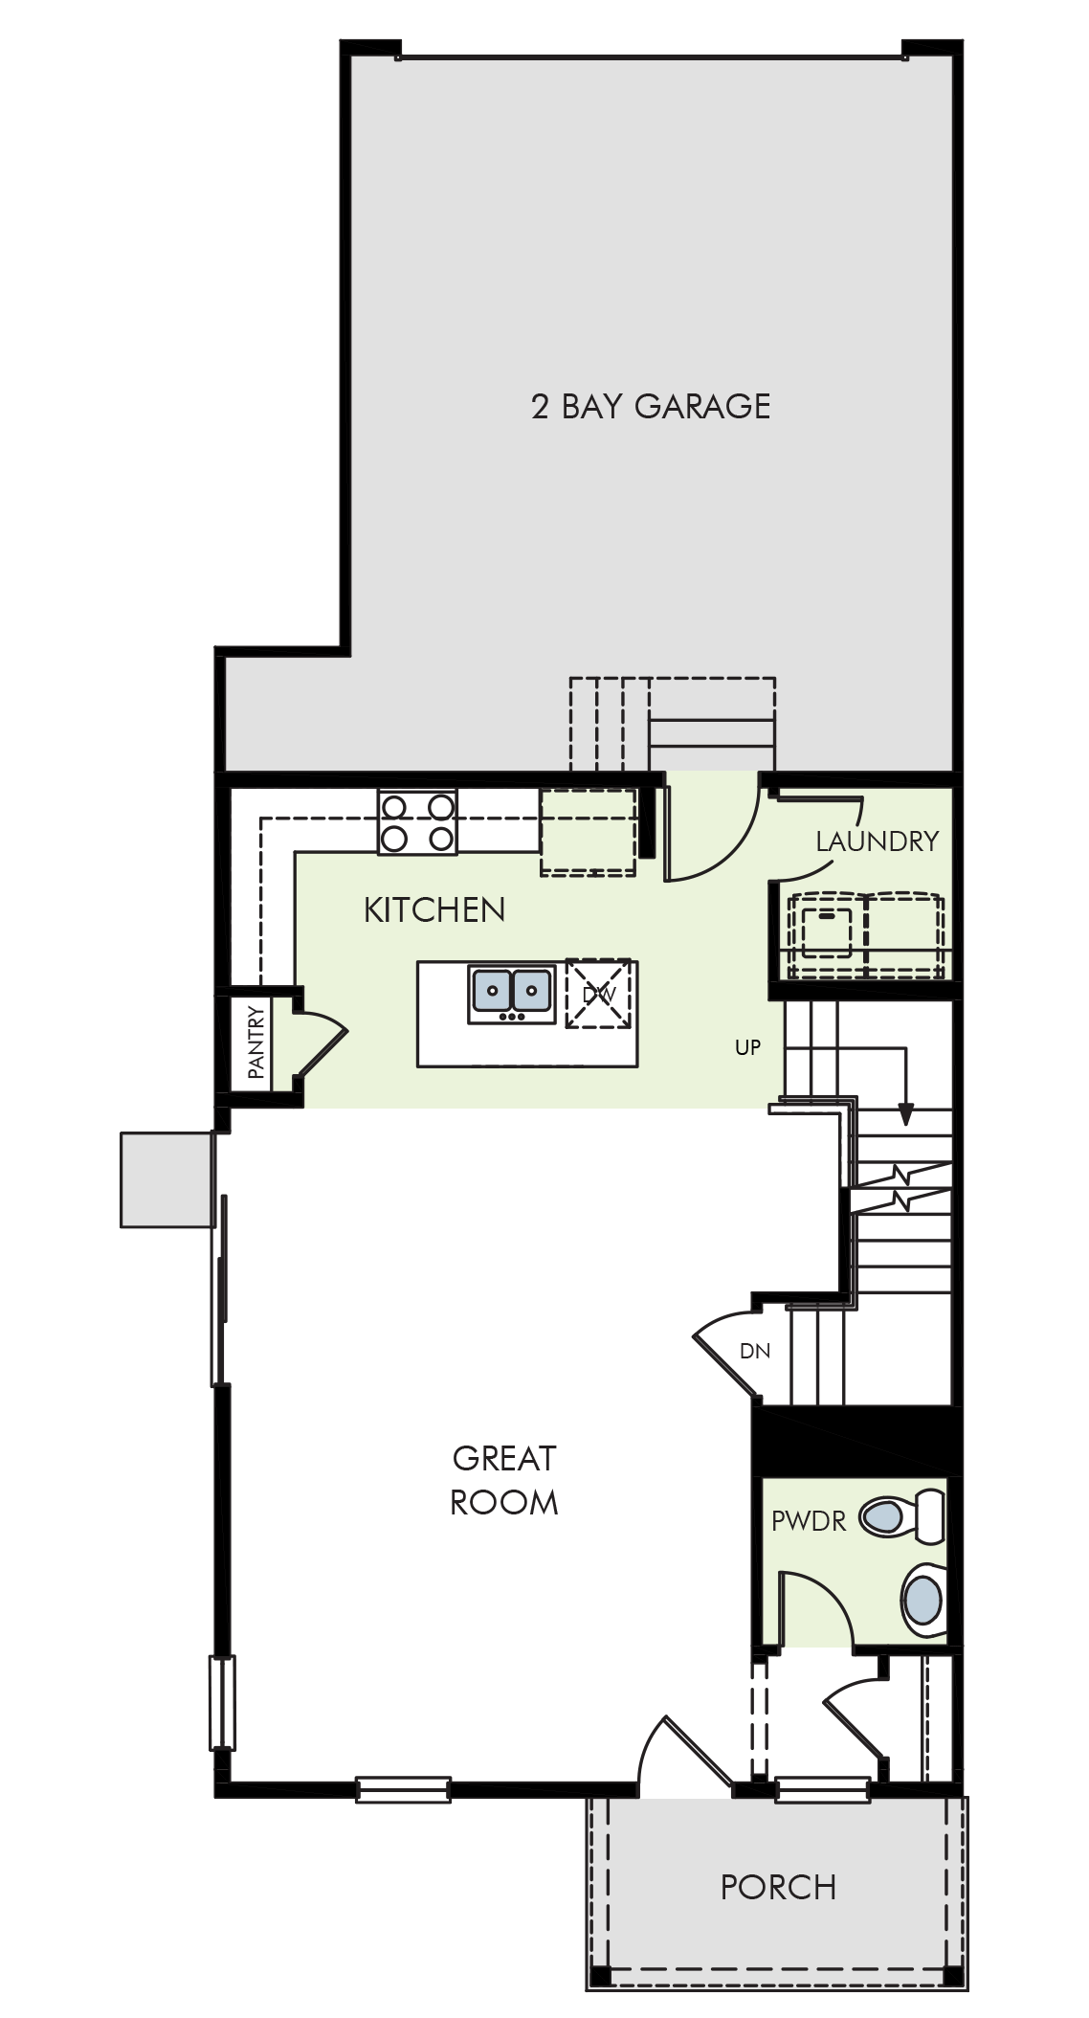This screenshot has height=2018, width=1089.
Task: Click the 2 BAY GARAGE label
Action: point(651,406)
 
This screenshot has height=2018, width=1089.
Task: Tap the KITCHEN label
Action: point(434,909)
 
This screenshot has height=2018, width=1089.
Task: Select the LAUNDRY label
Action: point(877,841)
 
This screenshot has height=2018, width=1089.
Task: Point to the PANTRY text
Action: point(256,1043)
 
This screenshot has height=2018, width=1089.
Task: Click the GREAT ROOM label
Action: point(504,1480)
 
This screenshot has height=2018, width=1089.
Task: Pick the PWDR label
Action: point(809,1520)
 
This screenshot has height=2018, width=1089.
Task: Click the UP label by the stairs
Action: point(747,1047)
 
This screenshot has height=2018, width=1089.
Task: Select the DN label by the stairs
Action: point(755,1351)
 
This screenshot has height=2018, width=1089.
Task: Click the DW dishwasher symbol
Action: point(599,994)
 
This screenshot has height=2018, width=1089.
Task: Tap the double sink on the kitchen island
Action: point(512,993)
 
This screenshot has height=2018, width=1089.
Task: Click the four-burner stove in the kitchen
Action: point(417,822)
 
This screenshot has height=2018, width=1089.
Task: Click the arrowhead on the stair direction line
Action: point(905,1115)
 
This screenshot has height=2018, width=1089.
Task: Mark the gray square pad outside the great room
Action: point(167,1179)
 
